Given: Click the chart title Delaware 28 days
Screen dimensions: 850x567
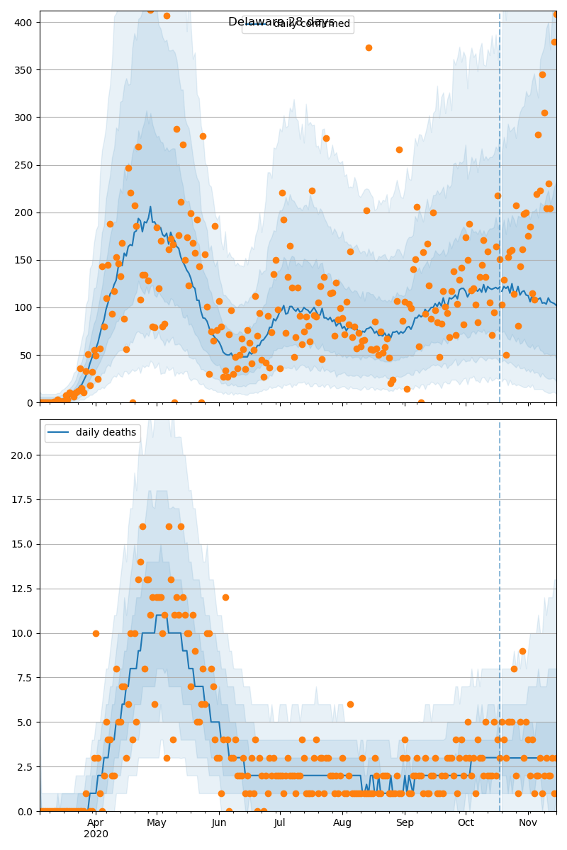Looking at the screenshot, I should click(x=281, y=22).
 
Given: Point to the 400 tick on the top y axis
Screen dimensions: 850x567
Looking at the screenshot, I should click(x=25, y=22).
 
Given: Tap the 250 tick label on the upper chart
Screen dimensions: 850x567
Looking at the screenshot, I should click(x=25, y=165).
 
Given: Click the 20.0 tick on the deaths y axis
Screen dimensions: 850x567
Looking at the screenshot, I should click(x=22, y=455).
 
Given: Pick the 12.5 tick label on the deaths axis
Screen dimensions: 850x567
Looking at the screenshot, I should click(x=22, y=589).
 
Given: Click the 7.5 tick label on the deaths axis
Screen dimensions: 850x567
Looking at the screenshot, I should click(x=25, y=678).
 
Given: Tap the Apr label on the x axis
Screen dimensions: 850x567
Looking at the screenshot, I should click(x=96, y=822).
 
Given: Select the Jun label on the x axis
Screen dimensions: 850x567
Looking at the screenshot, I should click(x=219, y=822).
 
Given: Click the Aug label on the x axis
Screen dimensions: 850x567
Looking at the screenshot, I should click(x=342, y=822).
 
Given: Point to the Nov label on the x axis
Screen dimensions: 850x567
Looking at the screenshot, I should click(x=528, y=822).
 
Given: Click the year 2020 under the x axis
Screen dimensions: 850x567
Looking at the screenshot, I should click(x=96, y=834).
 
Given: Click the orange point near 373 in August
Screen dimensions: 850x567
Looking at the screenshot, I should click(x=369, y=47).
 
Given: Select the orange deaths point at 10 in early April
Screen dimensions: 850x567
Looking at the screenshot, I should click(x=96, y=633).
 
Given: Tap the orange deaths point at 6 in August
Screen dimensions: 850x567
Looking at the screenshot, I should click(x=350, y=704).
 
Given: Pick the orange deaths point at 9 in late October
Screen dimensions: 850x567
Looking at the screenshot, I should click(x=522, y=651).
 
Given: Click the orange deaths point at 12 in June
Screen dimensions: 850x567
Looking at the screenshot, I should click(x=225, y=597).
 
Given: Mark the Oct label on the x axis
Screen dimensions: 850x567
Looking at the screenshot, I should click(x=466, y=822).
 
